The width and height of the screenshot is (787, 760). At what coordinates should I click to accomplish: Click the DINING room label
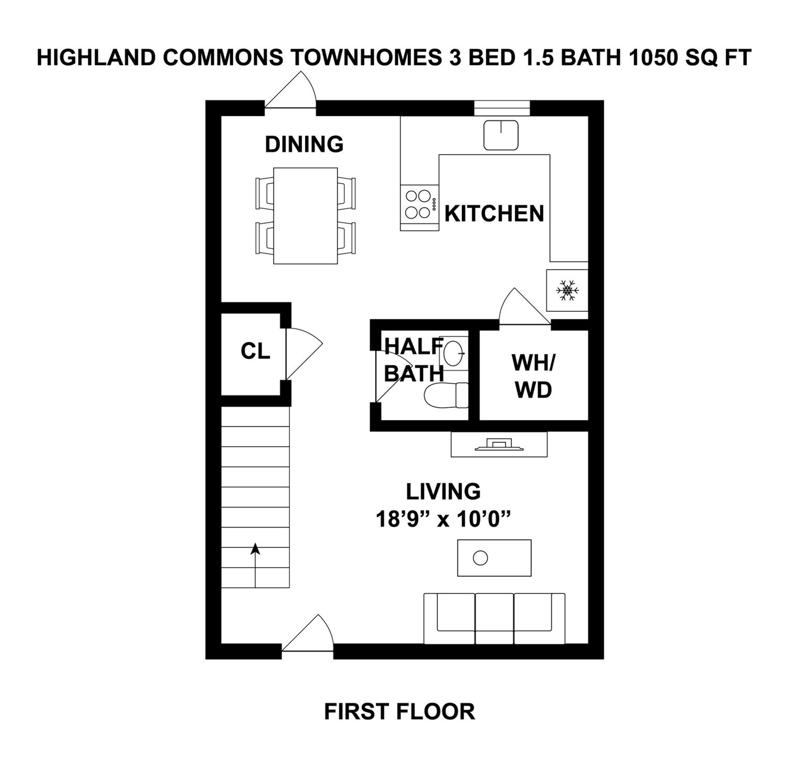pos(304,144)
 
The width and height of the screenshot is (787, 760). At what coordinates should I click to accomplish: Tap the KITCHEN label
pos(494,213)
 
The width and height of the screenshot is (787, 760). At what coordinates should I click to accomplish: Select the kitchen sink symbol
pos(500,135)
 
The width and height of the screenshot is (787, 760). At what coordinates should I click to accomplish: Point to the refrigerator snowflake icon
pos(567,290)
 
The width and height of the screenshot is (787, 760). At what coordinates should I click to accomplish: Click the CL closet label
pos(255,351)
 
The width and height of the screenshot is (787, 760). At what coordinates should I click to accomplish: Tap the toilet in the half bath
pos(445,395)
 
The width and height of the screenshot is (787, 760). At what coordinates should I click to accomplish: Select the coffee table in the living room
pos(494,558)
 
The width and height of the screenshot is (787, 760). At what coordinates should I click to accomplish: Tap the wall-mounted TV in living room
pos(499,445)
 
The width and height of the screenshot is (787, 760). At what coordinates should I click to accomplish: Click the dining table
pos(305,216)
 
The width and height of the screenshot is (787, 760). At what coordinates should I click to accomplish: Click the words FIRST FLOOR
pos(399,712)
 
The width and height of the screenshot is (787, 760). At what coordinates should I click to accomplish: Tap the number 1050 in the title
pos(649,57)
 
